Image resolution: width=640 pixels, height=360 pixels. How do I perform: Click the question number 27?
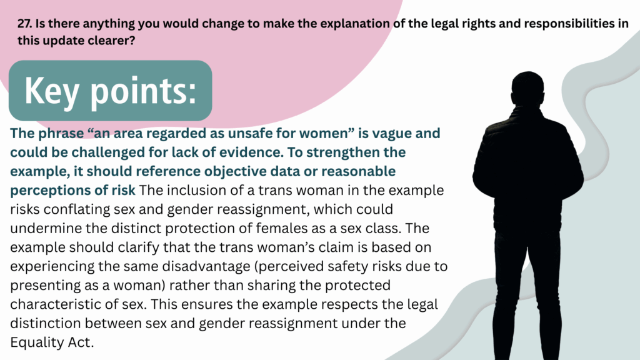24,23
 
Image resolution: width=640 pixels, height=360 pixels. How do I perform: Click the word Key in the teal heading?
52,91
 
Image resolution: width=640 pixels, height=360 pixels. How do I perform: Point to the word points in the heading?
143,91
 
